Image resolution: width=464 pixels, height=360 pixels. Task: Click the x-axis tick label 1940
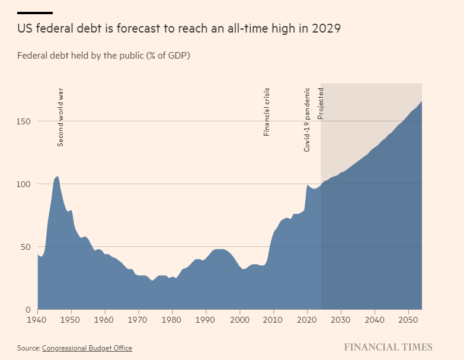tap(37, 320)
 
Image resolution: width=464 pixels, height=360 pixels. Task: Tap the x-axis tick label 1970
tap(139, 320)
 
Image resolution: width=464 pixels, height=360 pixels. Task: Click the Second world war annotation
tap(60, 117)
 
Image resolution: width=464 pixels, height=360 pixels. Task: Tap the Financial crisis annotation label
tap(267, 112)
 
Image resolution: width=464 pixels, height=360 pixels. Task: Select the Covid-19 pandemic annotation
tap(307, 120)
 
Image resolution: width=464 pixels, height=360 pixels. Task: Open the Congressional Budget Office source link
tap(87, 348)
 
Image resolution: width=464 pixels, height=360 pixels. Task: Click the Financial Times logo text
tap(388, 348)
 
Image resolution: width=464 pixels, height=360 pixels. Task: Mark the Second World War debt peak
tap(57, 176)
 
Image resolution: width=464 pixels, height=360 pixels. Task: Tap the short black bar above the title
tap(35, 12)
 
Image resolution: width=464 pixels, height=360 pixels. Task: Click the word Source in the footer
tap(28, 348)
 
